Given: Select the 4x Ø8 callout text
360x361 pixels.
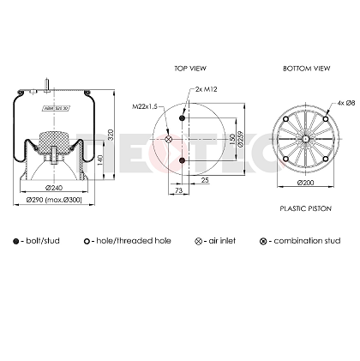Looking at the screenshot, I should pos(346,103).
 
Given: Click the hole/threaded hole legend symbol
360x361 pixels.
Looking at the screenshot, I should pos(88,241).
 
